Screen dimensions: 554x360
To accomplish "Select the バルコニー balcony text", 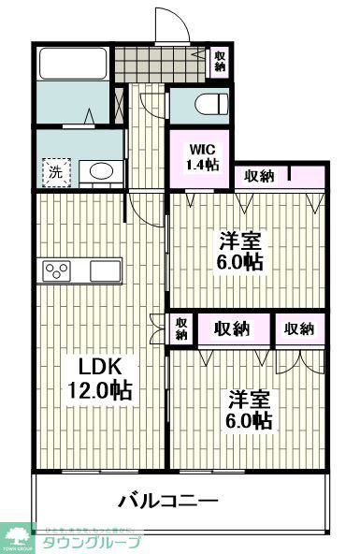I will click(x=168, y=501).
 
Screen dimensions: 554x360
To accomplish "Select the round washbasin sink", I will click(x=97, y=170).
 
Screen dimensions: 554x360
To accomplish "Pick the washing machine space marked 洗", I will click(x=55, y=171).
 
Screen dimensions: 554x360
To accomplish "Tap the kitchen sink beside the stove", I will click(x=102, y=270).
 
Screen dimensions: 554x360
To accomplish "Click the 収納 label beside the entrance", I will click(x=219, y=61).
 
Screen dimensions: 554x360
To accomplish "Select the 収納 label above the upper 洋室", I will click(x=259, y=175).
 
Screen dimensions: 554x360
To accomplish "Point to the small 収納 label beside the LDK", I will click(x=180, y=328).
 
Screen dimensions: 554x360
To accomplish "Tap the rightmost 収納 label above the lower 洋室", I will click(x=299, y=328).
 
